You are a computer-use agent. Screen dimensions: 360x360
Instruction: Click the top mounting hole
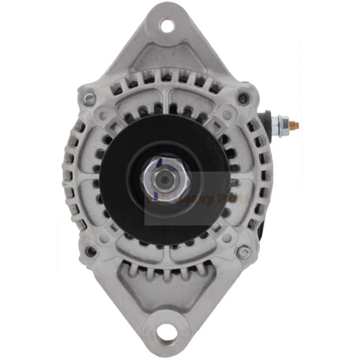point(167,26)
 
